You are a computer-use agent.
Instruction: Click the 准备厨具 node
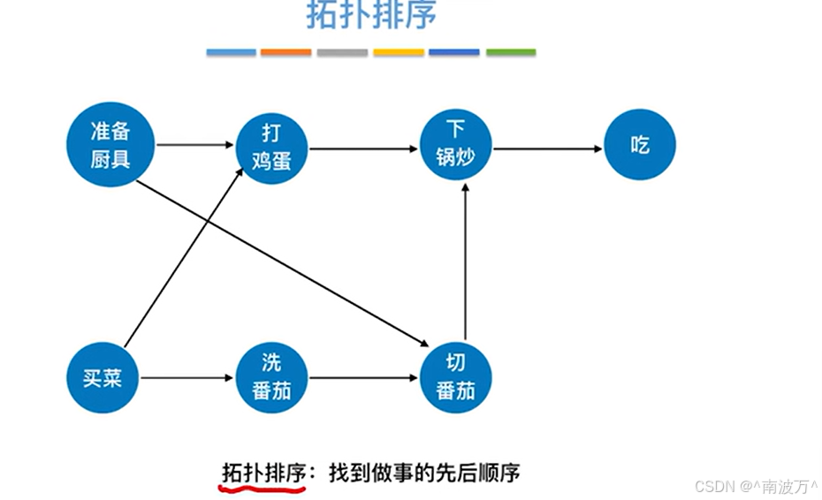pos(110,146)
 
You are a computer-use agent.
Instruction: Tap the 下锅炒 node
pos(455,147)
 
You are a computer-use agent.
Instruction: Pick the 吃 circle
pos(640,147)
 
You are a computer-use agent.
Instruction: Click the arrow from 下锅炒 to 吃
pos(548,149)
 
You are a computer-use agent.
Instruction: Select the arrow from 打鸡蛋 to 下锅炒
pos(362,149)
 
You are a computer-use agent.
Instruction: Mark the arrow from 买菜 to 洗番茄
pos(187,379)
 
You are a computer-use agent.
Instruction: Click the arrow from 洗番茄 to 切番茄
pos(362,379)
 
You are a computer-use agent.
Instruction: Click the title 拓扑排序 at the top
pos(371,16)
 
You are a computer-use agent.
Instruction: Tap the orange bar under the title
pos(285,53)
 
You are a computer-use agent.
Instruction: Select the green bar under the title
pos(510,53)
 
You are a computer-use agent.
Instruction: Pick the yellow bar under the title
pos(398,53)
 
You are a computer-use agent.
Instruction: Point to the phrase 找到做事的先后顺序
pos(424,473)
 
